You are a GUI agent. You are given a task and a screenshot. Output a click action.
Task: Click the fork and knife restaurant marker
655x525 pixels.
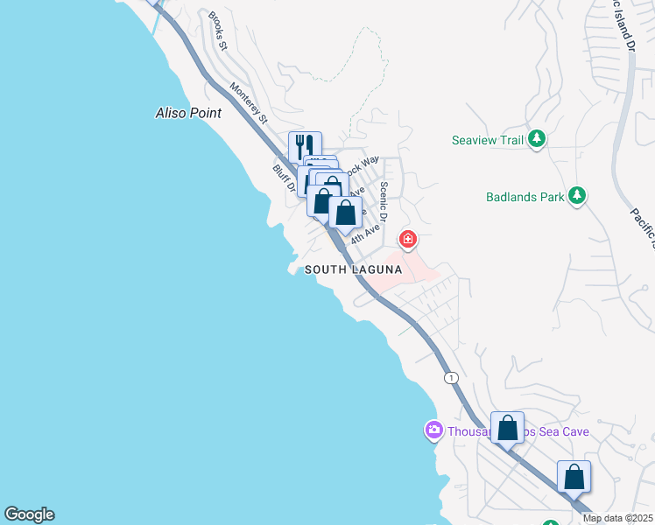[x=305, y=145]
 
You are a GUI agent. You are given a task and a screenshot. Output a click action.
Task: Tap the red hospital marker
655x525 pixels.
[x=407, y=238]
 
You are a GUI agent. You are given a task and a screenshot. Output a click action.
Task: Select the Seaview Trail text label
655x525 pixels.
[x=487, y=140]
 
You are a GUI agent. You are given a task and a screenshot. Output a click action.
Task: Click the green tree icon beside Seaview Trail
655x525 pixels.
[x=538, y=139]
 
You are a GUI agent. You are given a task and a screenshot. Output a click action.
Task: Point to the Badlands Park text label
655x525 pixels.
[x=525, y=197]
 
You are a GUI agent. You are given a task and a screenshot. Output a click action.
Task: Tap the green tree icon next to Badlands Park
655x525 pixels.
[x=576, y=196]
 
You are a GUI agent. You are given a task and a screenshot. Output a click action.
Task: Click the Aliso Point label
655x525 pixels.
[x=188, y=113]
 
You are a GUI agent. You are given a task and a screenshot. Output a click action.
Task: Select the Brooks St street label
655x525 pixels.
[x=217, y=31]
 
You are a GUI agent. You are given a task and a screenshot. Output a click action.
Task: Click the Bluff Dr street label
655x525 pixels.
[x=281, y=178]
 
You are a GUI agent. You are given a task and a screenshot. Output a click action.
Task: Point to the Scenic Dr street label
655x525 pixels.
[x=384, y=202]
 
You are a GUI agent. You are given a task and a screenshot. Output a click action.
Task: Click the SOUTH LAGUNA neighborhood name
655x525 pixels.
[x=353, y=269]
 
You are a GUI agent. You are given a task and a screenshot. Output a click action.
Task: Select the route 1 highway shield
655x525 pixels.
[x=450, y=377]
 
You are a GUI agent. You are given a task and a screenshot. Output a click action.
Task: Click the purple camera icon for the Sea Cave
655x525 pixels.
[x=433, y=430]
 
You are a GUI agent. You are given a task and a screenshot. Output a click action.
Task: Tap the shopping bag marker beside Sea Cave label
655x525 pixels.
[x=507, y=428]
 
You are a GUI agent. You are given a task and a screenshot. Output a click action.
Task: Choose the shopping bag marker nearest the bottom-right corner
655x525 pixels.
[x=574, y=477]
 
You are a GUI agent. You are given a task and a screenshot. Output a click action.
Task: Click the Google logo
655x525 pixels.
[x=29, y=514]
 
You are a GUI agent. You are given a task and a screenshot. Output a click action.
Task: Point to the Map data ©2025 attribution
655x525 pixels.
[x=617, y=518]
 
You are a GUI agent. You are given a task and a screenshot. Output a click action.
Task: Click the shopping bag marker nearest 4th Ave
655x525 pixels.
[x=346, y=212]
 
